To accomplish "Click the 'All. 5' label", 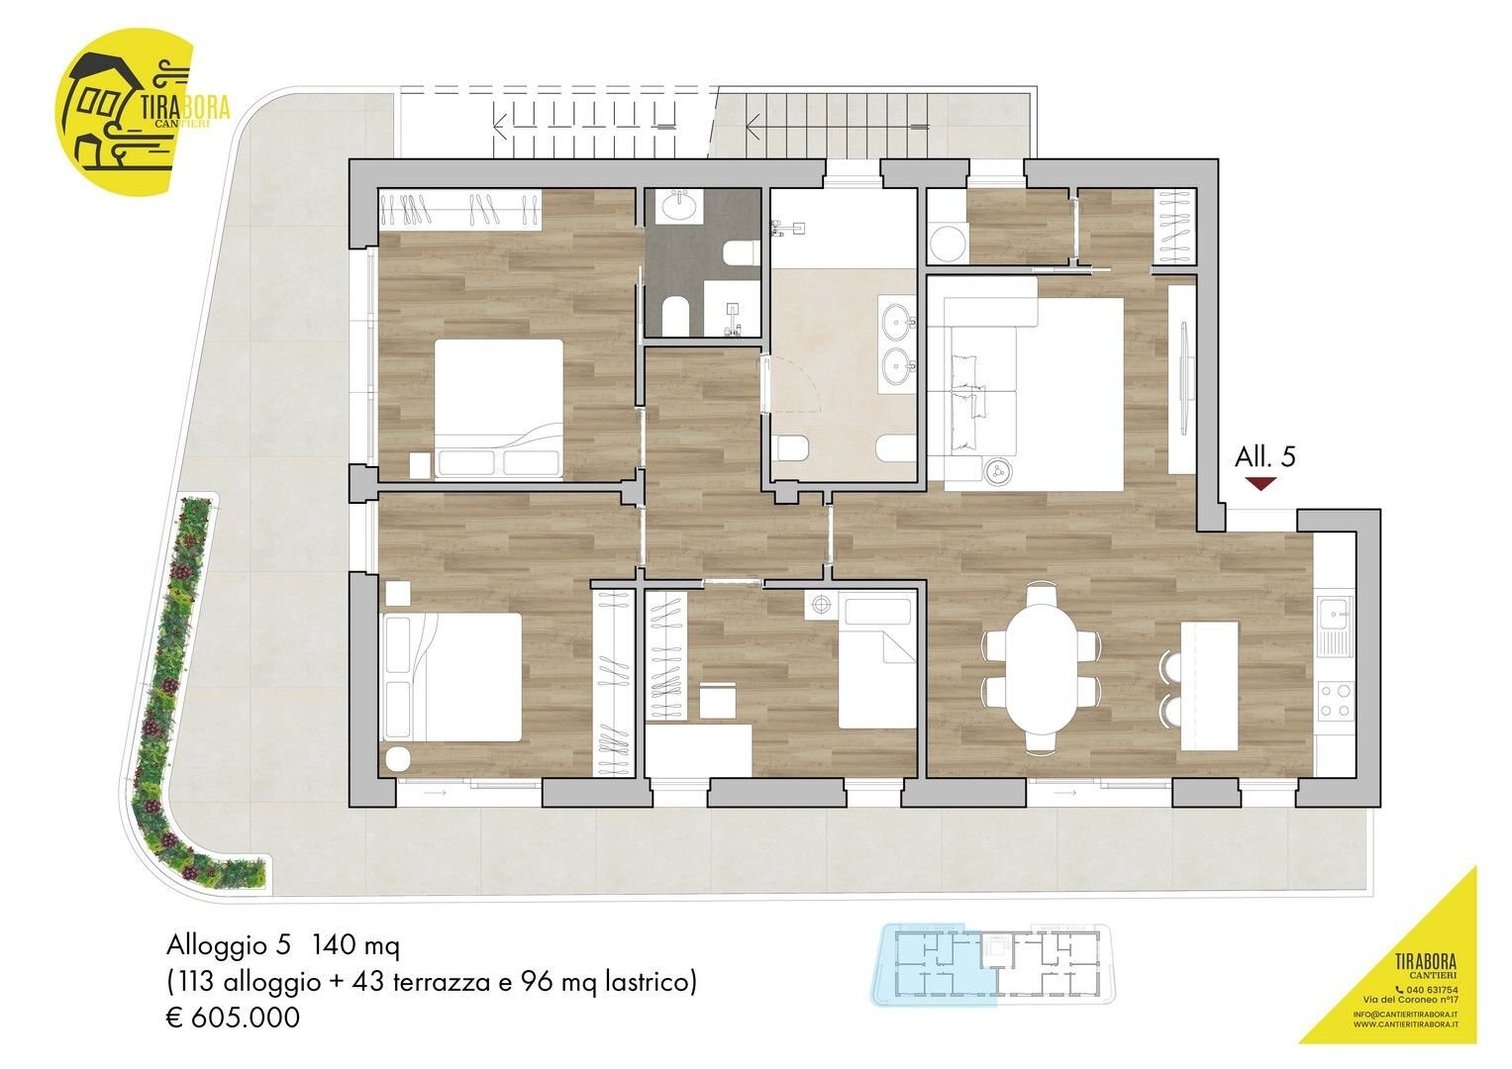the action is pos(1264,457).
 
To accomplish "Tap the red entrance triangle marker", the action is pos(1260,483).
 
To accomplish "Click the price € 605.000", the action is pos(234,1018).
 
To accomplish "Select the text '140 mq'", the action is pos(355,946).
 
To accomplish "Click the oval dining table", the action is pos(1041,667).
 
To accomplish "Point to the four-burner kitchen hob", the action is pos(1336,701).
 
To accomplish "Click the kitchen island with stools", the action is pos(1208,686).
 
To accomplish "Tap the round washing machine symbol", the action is pos(947,243).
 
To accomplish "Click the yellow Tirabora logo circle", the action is pos(125,111).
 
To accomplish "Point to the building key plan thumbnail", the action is pos(992,964).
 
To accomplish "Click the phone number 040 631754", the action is pos(1429,990).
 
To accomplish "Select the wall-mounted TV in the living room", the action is pos(1183,379).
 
